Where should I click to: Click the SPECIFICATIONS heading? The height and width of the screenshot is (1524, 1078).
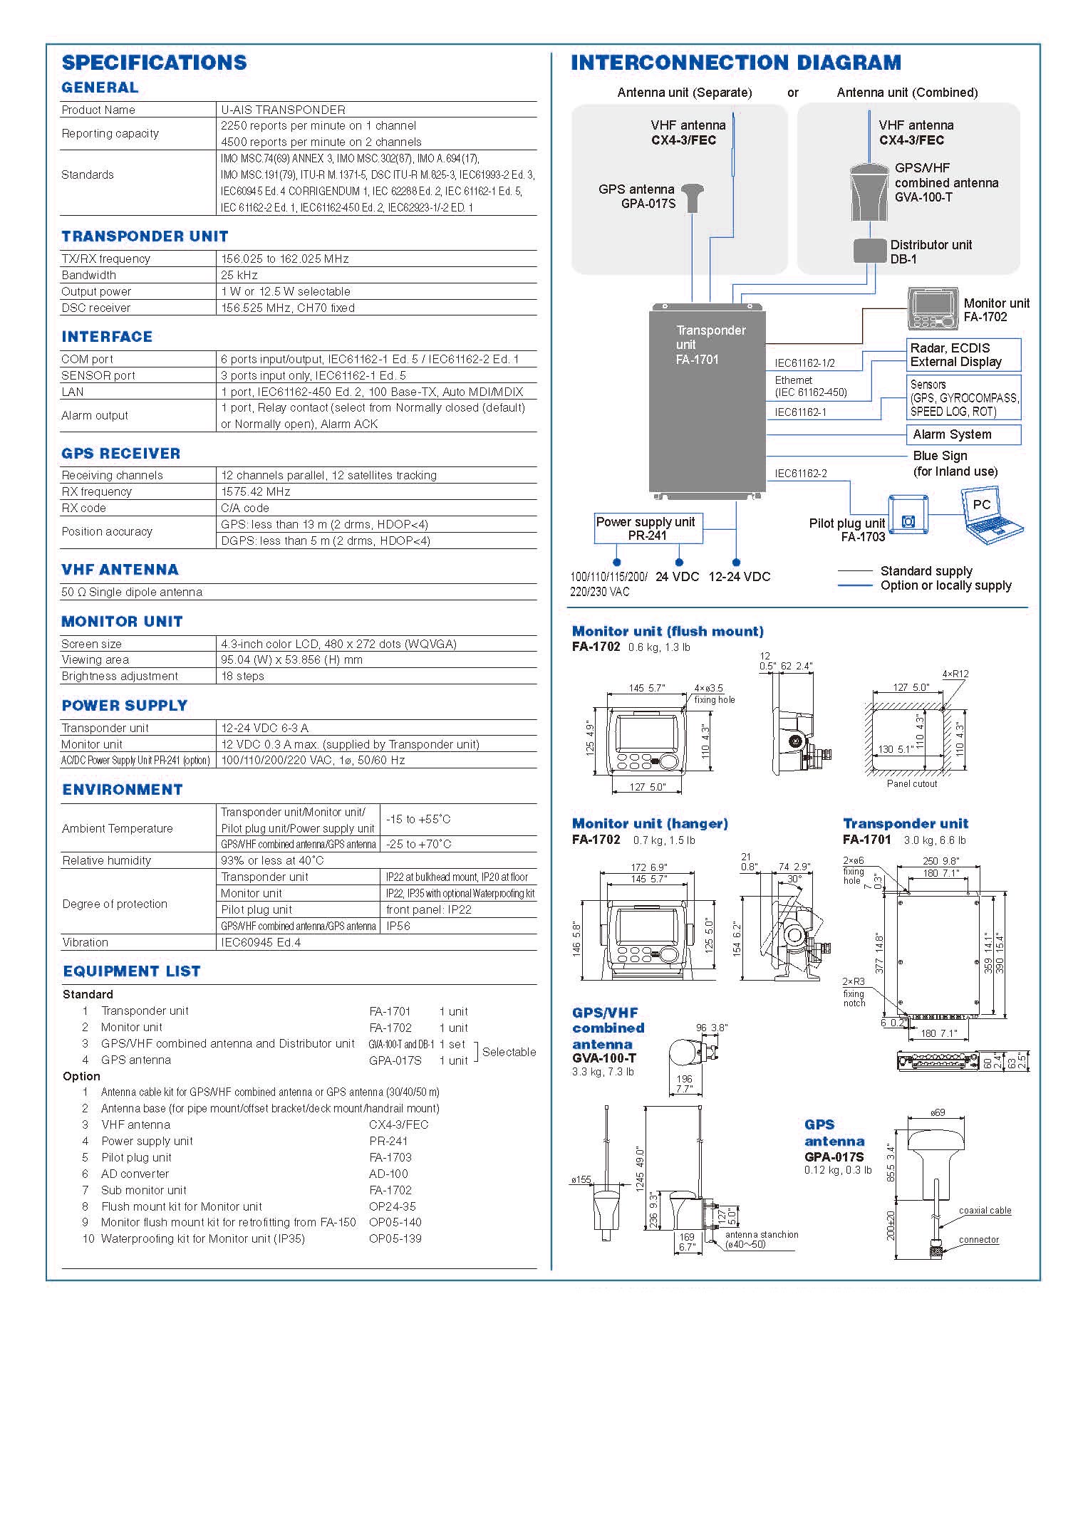(155, 63)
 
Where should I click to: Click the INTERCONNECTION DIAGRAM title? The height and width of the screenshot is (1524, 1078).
(736, 63)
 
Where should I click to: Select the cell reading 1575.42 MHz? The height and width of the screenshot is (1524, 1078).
(256, 491)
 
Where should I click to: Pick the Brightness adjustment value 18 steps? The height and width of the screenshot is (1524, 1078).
(242, 676)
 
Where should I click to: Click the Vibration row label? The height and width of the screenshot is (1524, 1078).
(85, 942)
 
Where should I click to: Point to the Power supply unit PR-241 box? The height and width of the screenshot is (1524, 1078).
(648, 528)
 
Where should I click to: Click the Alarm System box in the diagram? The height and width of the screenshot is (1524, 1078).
(963, 434)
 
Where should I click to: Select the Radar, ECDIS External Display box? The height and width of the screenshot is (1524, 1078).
(963, 355)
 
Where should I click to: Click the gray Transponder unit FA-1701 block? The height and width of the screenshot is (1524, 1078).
(707, 400)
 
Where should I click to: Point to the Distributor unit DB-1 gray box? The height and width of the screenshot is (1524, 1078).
(870, 251)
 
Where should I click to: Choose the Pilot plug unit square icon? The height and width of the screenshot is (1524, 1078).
(908, 516)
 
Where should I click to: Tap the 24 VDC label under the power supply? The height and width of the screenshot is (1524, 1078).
(677, 577)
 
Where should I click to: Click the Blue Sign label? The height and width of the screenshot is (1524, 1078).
(940, 456)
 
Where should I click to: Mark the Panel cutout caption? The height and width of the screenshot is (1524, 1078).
(912, 783)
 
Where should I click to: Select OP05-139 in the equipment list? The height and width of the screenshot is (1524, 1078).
(395, 1238)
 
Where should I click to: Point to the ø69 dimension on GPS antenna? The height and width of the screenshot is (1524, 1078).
(938, 1112)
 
